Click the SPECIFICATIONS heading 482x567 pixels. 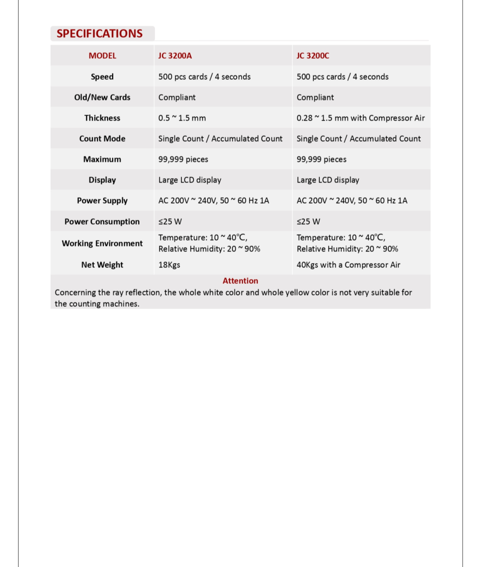pos(99,33)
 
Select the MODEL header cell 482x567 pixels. pos(102,56)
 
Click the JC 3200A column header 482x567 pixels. pos(175,56)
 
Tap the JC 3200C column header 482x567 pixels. pos(313,56)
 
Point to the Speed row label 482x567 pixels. pos(102,77)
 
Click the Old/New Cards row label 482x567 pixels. pos(102,97)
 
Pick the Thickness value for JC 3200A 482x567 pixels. pos(182,118)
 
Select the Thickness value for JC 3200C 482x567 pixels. pos(360,118)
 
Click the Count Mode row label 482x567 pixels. pos(102,139)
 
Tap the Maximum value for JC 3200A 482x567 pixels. pos(183,159)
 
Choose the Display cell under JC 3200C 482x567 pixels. pos(328,180)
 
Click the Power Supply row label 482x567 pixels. pos(102,201)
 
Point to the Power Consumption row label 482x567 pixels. pos(102,222)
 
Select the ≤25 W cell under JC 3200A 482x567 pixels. pos(170,222)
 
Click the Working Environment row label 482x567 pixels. pos(102,243)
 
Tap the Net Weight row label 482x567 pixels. pos(102,265)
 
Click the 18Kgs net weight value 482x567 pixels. pos(169,265)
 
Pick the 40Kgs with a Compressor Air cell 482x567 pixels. pos(348,265)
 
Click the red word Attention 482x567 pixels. pos(240,281)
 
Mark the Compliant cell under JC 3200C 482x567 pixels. pos(315,97)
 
